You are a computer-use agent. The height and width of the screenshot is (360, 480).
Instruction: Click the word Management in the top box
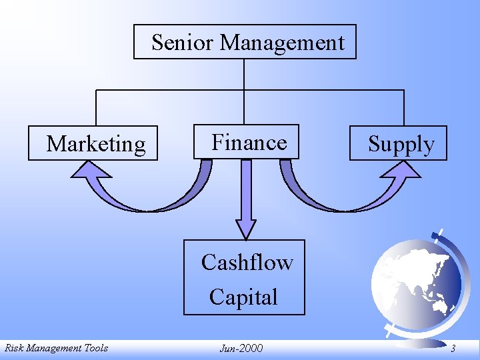tap(283, 43)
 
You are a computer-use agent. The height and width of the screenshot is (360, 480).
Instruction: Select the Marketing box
tap(93, 143)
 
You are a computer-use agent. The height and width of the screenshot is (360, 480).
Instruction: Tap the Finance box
tap(247, 142)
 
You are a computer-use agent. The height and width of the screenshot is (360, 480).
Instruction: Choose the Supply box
tap(399, 143)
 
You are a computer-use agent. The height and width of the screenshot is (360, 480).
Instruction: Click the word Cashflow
tap(247, 263)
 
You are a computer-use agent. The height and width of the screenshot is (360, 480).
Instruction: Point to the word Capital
tap(243, 297)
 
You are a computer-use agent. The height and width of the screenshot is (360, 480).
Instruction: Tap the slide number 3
tap(453, 348)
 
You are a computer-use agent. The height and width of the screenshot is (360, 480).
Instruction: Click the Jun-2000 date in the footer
tap(241, 348)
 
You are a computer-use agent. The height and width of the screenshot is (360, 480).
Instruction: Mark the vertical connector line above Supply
tap(403, 107)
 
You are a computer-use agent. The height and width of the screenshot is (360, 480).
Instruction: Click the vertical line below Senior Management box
tap(245, 73)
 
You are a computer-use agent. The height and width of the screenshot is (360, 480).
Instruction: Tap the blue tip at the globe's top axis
tap(441, 233)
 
